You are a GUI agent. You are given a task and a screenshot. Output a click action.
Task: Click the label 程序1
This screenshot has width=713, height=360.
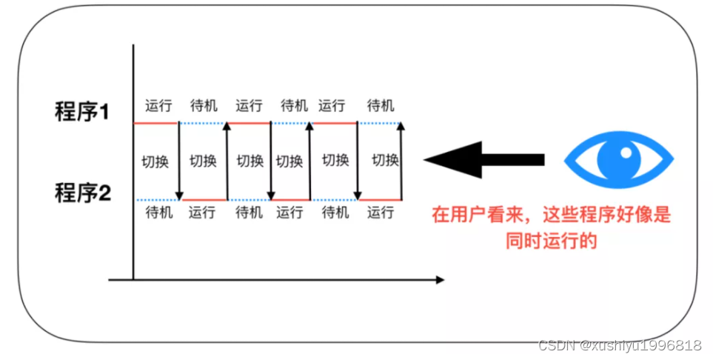(x=82, y=112)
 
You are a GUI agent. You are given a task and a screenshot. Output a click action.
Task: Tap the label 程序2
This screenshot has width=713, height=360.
(x=82, y=193)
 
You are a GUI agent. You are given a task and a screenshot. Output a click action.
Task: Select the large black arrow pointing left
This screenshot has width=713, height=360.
(x=484, y=159)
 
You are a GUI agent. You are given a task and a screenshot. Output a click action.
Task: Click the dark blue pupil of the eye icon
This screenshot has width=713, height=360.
(x=619, y=159)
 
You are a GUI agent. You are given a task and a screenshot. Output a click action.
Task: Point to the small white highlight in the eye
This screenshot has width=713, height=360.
(x=627, y=153)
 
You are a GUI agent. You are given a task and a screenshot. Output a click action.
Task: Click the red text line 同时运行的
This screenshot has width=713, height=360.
(x=552, y=240)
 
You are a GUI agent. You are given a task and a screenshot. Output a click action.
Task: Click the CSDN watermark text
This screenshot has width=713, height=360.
(x=620, y=345)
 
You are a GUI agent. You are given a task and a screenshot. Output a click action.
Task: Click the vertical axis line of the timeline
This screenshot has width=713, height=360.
(x=133, y=163)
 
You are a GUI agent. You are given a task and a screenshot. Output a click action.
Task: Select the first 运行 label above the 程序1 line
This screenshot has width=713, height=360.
(x=158, y=105)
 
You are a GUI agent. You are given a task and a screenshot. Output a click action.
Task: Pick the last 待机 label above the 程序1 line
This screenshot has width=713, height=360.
(x=381, y=105)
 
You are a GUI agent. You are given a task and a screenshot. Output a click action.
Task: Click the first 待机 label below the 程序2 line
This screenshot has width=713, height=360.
(x=158, y=213)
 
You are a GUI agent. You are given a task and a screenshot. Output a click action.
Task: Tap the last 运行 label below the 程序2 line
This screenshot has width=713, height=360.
(x=381, y=213)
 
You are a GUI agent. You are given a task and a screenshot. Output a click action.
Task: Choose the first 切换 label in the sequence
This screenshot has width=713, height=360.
(x=155, y=161)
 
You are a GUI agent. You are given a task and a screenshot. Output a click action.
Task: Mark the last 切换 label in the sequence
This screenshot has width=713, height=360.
(x=385, y=160)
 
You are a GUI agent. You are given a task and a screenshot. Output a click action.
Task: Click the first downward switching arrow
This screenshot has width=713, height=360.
(x=179, y=161)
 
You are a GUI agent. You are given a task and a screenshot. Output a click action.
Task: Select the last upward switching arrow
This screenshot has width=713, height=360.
(x=401, y=161)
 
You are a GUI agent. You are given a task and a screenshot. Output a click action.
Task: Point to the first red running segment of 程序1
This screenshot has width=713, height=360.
(x=156, y=123)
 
